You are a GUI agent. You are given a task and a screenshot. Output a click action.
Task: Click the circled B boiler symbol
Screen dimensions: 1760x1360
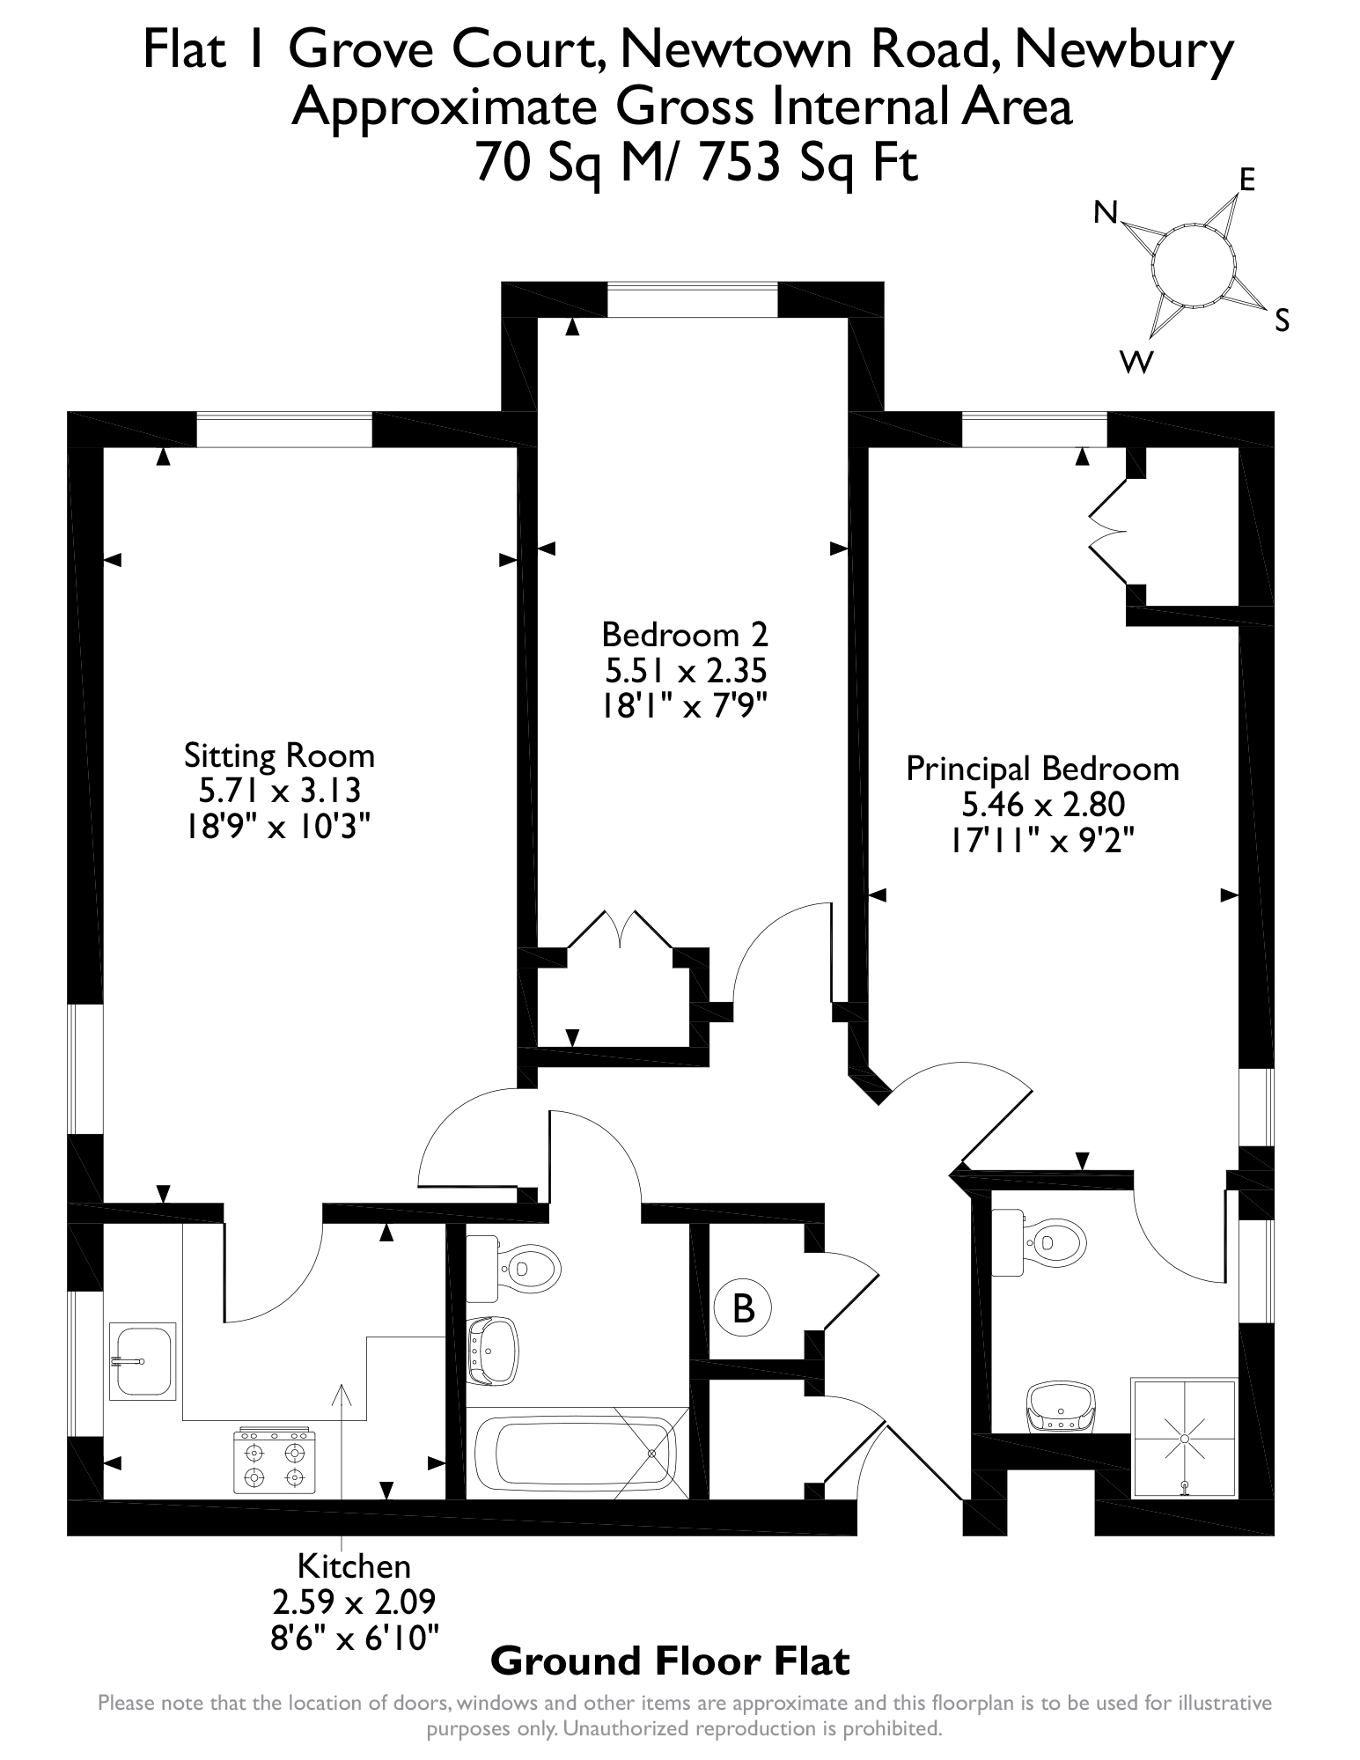point(744,1308)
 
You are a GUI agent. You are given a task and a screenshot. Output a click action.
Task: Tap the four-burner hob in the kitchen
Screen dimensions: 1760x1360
point(274,1462)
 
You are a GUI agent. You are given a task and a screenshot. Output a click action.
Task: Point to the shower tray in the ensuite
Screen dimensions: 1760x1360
point(1184,1439)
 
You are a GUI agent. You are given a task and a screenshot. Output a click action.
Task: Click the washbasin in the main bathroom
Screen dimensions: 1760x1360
point(491,1351)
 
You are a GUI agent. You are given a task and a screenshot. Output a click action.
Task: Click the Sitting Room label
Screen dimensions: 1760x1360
point(279,755)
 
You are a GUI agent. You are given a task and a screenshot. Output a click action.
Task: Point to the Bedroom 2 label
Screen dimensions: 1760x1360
point(684,634)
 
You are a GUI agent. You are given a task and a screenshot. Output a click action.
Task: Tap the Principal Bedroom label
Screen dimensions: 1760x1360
point(1042,769)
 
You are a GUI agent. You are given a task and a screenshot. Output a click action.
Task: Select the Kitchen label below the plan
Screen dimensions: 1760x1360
point(354,1566)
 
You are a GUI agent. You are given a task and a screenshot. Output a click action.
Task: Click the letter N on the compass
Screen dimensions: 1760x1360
point(1106,212)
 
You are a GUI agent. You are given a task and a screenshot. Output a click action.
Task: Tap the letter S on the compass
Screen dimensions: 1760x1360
point(1282,321)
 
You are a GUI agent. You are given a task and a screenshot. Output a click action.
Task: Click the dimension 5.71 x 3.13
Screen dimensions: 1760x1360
point(279,791)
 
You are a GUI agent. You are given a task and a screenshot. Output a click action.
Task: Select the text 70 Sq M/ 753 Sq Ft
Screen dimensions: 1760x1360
point(696,163)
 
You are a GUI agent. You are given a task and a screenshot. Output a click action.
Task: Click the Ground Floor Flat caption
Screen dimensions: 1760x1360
point(669,1661)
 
